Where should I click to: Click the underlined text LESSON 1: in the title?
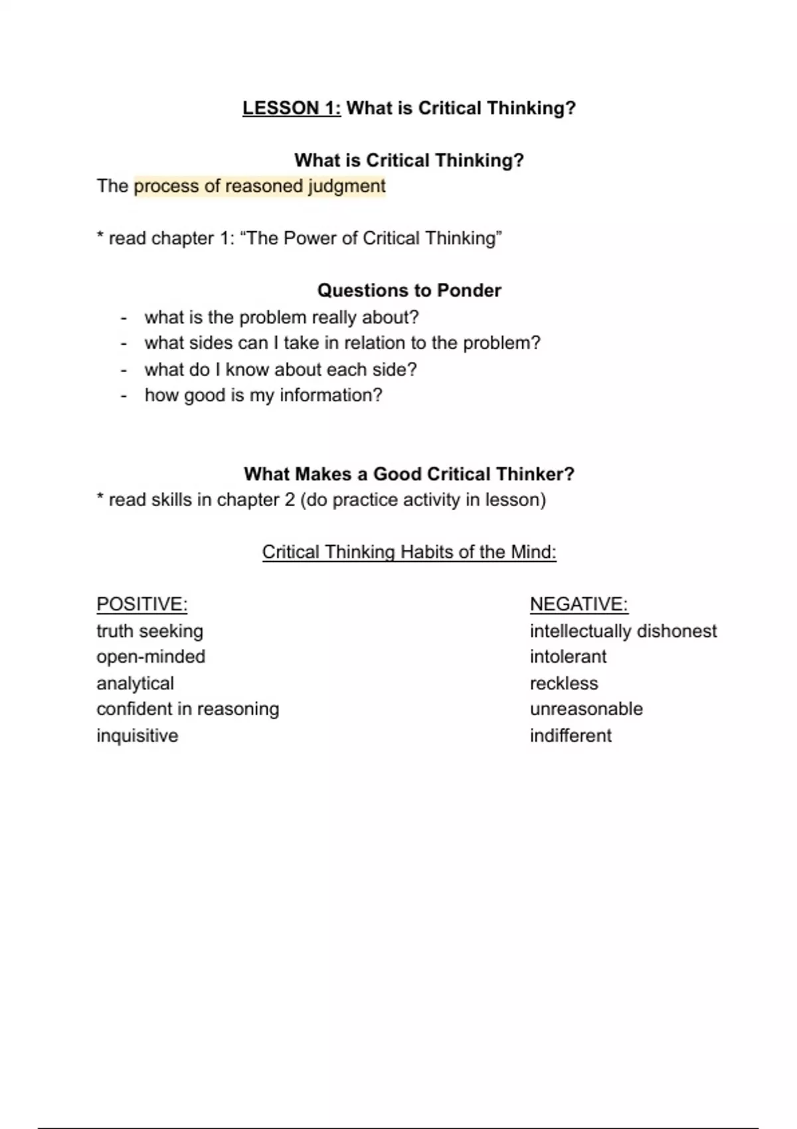292,108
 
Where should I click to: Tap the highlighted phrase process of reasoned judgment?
260,186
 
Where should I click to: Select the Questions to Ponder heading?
409,290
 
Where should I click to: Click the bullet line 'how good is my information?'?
263,395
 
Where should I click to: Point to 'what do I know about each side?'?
280,369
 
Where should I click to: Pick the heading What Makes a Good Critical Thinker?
409,474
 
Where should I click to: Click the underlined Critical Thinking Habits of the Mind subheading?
409,552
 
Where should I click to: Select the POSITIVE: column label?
142,604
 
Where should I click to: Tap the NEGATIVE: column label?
578,604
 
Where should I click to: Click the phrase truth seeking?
149,631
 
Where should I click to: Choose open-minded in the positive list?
151,657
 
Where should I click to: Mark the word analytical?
135,683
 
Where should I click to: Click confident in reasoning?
187,709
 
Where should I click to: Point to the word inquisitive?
137,736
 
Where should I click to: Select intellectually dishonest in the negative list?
623,631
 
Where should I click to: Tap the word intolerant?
568,657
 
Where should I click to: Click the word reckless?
564,683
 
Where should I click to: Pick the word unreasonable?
586,709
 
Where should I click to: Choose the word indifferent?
571,736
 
